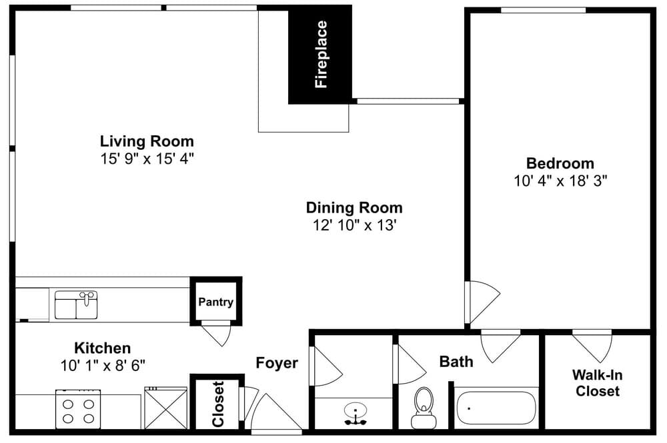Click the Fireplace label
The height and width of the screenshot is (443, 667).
[x=321, y=55]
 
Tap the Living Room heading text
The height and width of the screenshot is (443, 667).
[x=147, y=141]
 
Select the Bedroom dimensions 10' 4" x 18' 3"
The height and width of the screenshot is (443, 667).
[x=560, y=181]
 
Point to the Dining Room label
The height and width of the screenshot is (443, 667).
[x=354, y=208]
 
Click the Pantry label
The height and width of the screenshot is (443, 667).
[x=215, y=302]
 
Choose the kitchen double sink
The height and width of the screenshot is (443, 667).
[x=76, y=305]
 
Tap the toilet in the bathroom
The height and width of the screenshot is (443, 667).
[x=424, y=407]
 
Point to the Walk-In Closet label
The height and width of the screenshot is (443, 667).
[x=597, y=383]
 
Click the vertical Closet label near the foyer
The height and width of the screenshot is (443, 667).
[x=218, y=404]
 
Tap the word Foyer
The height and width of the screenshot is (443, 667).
[x=277, y=363]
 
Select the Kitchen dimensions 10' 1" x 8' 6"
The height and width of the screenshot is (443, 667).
[x=103, y=365]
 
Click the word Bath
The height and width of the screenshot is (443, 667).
[x=456, y=362]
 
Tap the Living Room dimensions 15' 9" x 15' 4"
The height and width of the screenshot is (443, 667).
[x=147, y=159]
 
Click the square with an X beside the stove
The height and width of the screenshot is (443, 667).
[x=165, y=408]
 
